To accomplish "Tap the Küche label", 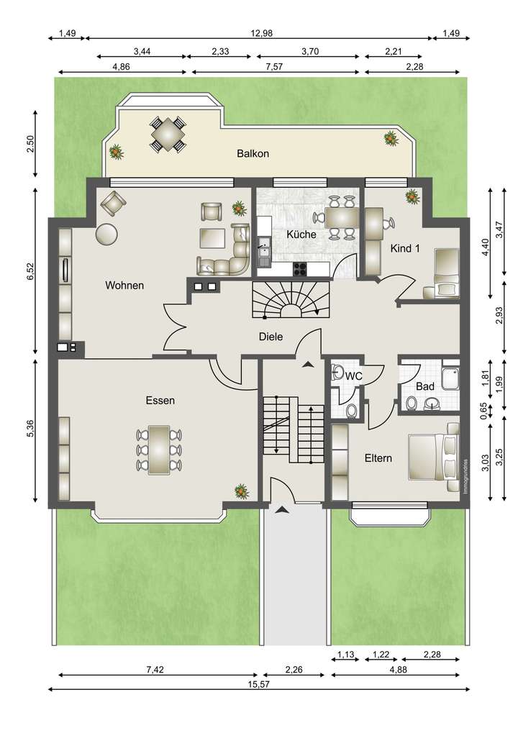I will pyautogui.click(x=301, y=235).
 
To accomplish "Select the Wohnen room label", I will pyautogui.click(x=124, y=286).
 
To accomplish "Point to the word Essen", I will pyautogui.click(x=160, y=401).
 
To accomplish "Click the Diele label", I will pyautogui.click(x=271, y=336).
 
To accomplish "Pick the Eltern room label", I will pyautogui.click(x=378, y=457).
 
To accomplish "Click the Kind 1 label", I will pyautogui.click(x=404, y=248).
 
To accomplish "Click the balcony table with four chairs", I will pyautogui.click(x=167, y=134).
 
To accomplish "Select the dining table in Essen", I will pyautogui.click(x=159, y=450).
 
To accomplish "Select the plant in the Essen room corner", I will pyautogui.click(x=241, y=491).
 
